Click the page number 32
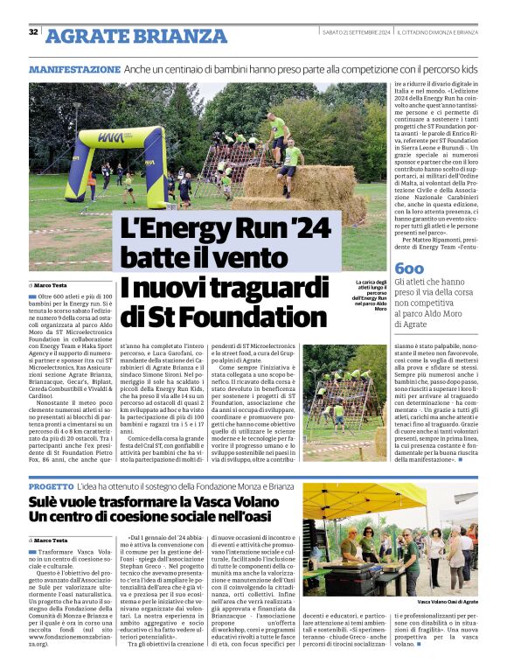[x=33, y=32]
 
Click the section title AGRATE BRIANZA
[x=135, y=36]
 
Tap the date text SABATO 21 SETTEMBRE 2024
[x=355, y=32]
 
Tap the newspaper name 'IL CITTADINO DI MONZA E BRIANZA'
[x=437, y=32]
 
